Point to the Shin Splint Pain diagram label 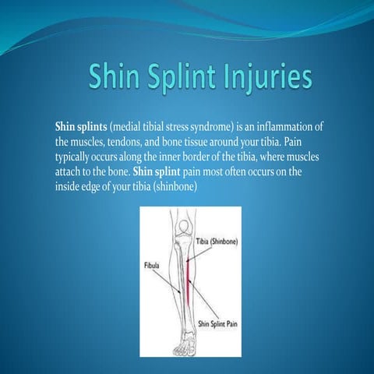(215, 323)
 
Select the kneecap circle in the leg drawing (183, 227)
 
